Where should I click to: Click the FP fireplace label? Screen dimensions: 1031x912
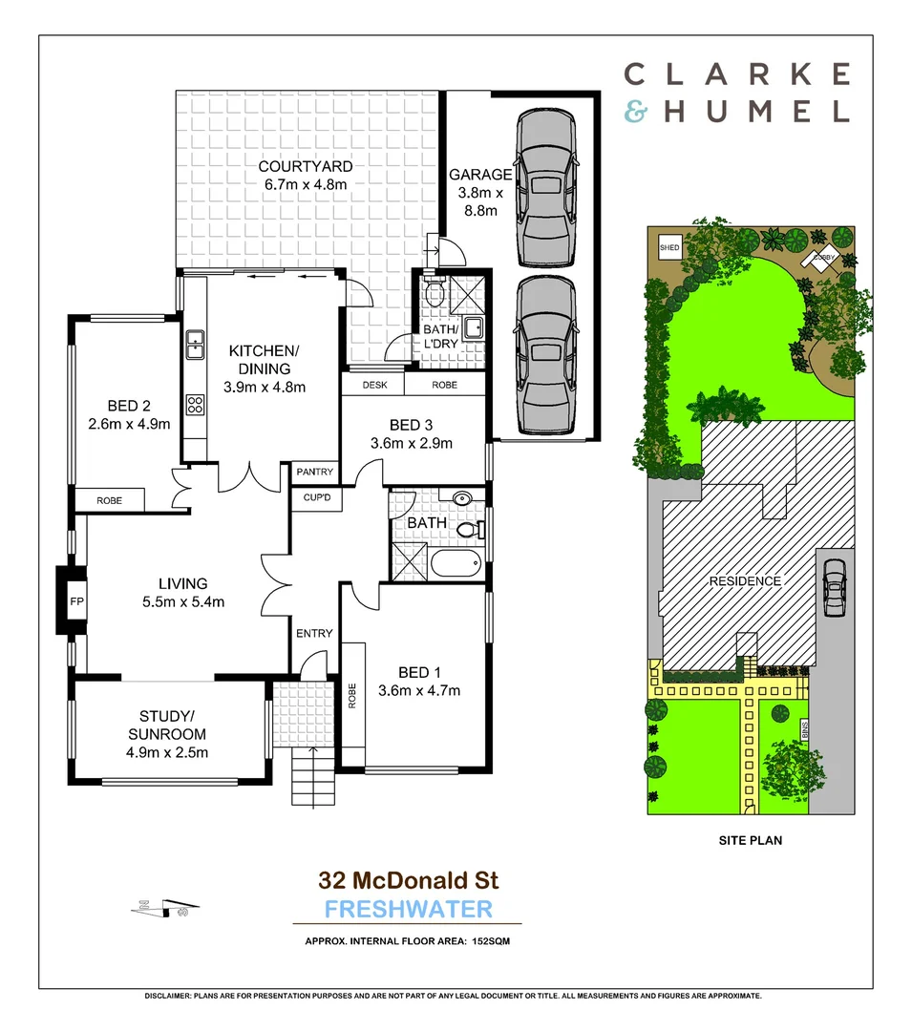76,602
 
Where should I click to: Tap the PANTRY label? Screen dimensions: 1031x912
314,472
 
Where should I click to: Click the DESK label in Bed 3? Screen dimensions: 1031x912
374,385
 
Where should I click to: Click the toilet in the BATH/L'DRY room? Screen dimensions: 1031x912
435,289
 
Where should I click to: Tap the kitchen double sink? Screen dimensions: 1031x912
195,343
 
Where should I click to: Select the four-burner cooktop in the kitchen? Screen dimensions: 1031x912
196,404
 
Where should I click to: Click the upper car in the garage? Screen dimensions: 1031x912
546,190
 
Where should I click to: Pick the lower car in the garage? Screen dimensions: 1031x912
546,356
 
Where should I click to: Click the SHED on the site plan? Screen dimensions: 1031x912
668,248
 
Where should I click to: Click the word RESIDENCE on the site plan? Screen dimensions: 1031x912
744,581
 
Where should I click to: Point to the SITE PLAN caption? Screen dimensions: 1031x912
751,842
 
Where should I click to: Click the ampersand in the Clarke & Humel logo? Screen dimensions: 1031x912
635,112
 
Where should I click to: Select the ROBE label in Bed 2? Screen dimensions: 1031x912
108,499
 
